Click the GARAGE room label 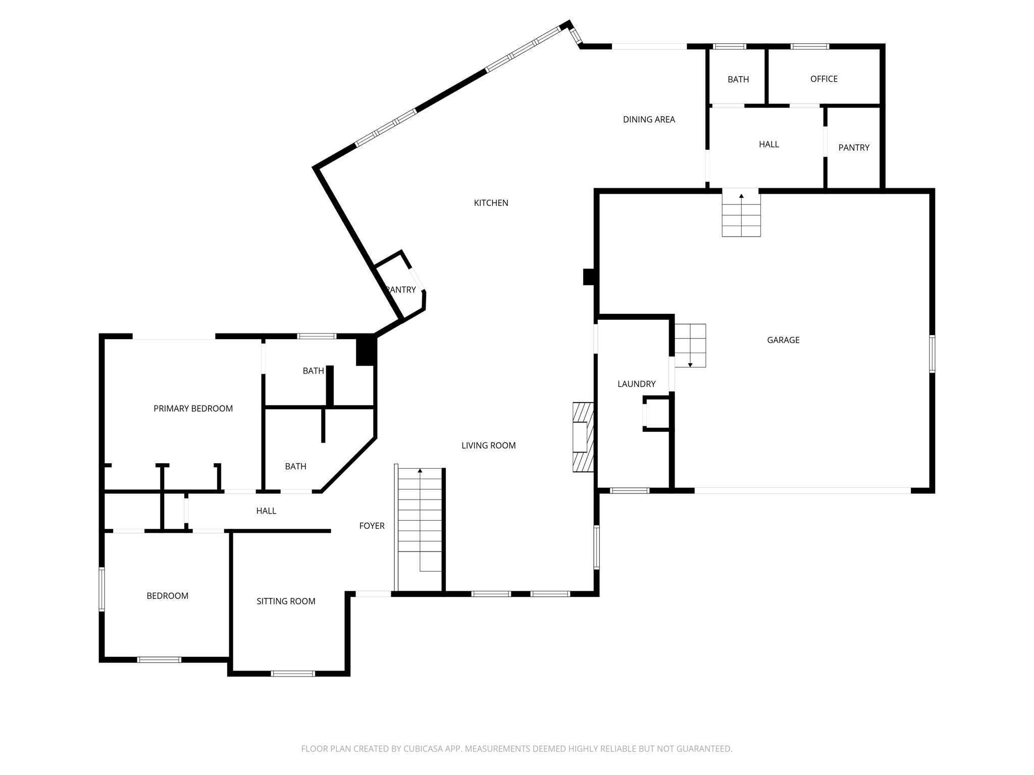click(x=783, y=340)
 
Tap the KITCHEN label click(x=491, y=203)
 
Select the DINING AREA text click(x=649, y=120)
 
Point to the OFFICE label click(x=823, y=79)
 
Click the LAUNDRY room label click(x=636, y=384)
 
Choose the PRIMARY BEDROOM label click(x=193, y=409)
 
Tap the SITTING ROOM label click(x=286, y=601)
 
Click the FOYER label click(x=372, y=526)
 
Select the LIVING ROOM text click(x=488, y=446)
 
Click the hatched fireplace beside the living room click(x=582, y=437)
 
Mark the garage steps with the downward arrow click(x=690, y=345)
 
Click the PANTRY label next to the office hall click(x=854, y=148)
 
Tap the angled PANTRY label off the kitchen click(x=401, y=290)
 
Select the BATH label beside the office click(x=738, y=79)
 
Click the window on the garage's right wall click(x=932, y=354)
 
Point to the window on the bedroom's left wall click(x=101, y=589)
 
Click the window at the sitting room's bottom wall click(x=293, y=673)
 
